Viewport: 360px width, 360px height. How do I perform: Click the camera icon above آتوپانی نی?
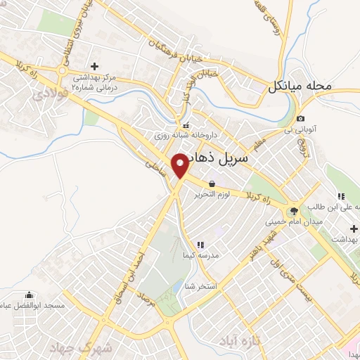pyautogui.click(x=301, y=118)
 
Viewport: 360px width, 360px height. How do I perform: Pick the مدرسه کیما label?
pyautogui.click(x=201, y=255)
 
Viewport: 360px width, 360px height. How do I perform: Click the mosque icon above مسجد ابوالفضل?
pyautogui.click(x=29, y=295)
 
